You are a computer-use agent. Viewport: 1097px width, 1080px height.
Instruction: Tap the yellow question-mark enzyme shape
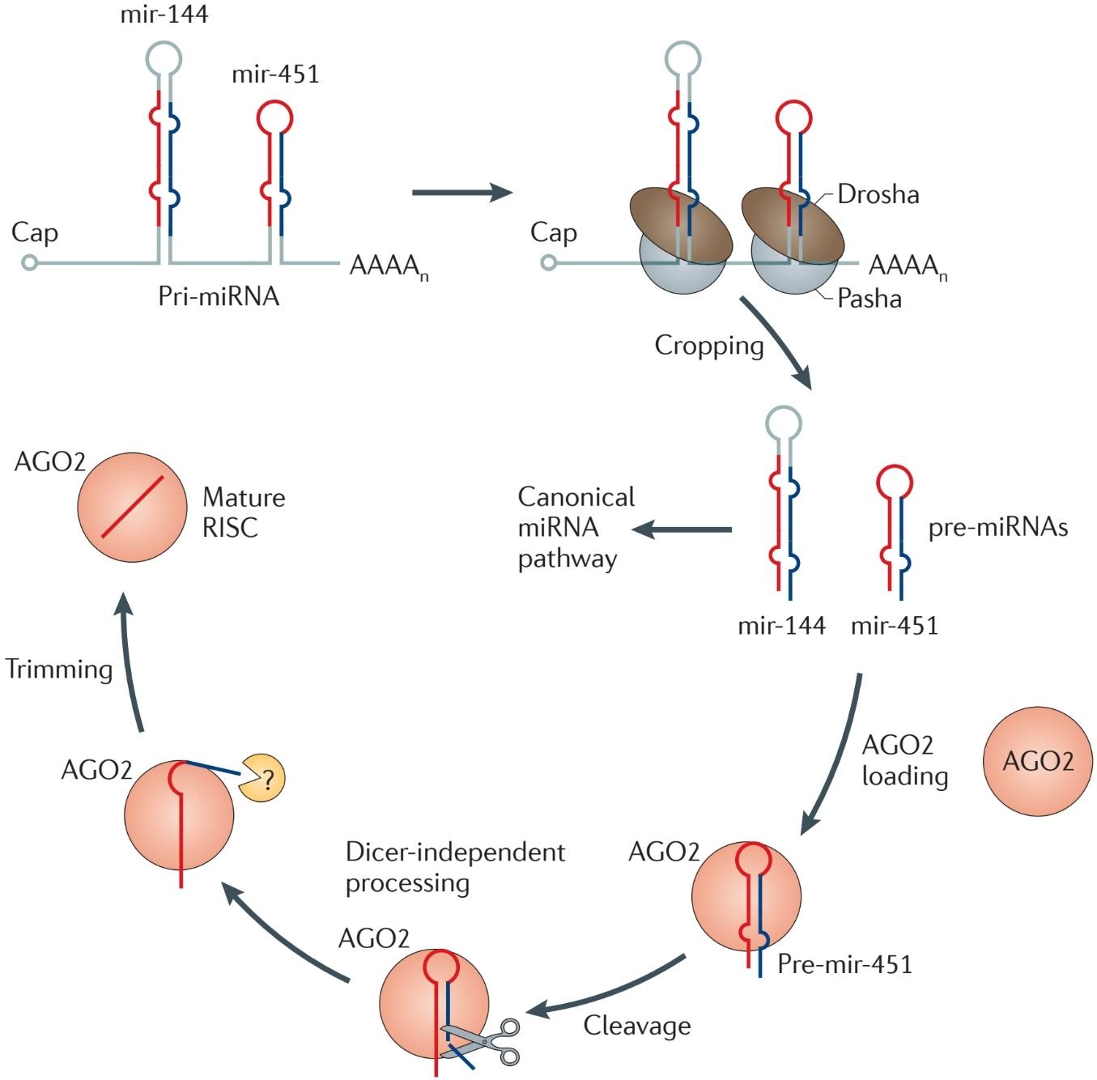point(261,778)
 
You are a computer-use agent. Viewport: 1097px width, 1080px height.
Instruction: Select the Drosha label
point(878,194)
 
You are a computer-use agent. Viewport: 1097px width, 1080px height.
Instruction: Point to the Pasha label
point(870,298)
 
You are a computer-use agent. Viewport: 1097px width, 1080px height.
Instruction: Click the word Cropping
point(708,347)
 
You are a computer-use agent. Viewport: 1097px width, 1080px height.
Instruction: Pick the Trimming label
point(59,669)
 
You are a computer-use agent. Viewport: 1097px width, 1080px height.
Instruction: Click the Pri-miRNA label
point(219,296)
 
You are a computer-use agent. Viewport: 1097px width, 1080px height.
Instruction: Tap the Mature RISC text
point(244,512)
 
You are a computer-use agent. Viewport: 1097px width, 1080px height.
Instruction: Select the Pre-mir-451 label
point(844,964)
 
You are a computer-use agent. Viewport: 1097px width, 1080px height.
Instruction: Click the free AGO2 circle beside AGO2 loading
point(1037,761)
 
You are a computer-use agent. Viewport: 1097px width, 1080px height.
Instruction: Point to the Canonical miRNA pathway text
point(576,528)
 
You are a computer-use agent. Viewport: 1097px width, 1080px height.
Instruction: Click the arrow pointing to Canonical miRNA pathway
point(682,530)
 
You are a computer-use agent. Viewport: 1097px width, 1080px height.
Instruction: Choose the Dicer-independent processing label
point(456,868)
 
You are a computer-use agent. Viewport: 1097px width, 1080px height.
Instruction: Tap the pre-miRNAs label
point(998,528)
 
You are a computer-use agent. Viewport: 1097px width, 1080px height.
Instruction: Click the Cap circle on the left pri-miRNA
point(30,263)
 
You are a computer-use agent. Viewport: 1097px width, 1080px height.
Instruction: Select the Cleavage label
point(637,1026)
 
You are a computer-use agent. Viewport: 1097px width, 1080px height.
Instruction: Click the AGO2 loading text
point(904,760)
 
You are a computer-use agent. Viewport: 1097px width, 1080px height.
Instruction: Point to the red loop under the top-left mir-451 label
point(274,118)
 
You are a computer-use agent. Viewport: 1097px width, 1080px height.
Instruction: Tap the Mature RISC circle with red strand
point(132,508)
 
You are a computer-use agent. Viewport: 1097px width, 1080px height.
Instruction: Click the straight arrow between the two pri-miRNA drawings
point(462,193)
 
